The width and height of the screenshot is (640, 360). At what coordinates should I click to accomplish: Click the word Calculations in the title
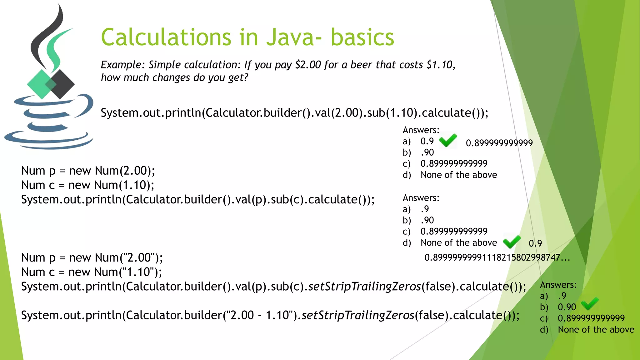[166, 37]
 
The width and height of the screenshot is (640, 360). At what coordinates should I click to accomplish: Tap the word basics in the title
[362, 37]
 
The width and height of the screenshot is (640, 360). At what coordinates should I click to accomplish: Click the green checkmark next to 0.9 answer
[448, 140]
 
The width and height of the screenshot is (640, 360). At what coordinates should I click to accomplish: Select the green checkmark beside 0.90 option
[590, 303]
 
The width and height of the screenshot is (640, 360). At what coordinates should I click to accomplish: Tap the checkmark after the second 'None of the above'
[512, 242]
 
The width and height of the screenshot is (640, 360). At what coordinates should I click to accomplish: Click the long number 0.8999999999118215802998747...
[497, 257]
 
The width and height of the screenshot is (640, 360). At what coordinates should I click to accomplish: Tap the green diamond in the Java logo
[40, 84]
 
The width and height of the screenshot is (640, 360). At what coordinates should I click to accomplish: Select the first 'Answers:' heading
[421, 130]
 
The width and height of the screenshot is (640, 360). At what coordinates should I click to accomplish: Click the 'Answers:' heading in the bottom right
[558, 285]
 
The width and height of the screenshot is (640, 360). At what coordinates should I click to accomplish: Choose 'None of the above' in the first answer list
[458, 175]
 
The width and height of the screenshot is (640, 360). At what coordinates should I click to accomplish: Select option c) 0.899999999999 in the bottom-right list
[591, 318]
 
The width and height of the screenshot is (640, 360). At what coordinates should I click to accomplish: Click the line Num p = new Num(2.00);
[88, 171]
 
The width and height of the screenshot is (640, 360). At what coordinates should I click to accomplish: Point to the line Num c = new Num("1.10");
[92, 272]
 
